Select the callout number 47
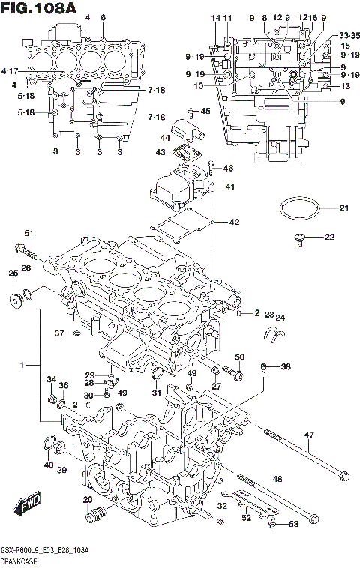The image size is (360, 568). pos(308,435)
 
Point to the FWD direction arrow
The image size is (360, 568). pos(29,508)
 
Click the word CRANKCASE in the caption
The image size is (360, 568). pos(21,561)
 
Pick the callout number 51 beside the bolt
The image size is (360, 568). pos(28,232)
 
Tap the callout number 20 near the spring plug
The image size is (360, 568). pos(87,500)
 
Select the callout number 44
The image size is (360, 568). pos(164,137)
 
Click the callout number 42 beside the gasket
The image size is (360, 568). pos(234,222)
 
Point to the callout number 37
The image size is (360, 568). pos(58,333)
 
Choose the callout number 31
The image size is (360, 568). pos(156,393)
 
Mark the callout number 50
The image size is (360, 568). pos(240,357)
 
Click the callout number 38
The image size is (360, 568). pos(286,367)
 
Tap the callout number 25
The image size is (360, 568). pos(13,274)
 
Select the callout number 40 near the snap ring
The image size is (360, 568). pos(48,465)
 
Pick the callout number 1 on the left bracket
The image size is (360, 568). pos(22,365)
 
